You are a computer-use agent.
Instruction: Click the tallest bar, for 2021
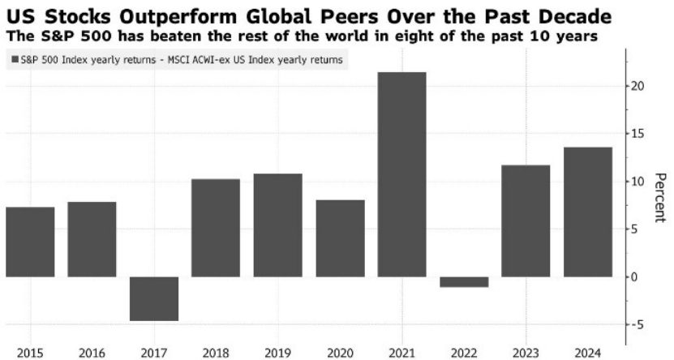401,174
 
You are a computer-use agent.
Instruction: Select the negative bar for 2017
153,298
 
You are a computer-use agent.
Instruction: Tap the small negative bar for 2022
464,281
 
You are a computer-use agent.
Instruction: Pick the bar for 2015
30,242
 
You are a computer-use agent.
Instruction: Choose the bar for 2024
587,212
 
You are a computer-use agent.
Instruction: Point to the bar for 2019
277,225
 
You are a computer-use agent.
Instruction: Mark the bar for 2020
340,238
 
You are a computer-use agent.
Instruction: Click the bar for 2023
526,221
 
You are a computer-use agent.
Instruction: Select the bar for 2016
92,239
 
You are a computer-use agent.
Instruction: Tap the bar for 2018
216,228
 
